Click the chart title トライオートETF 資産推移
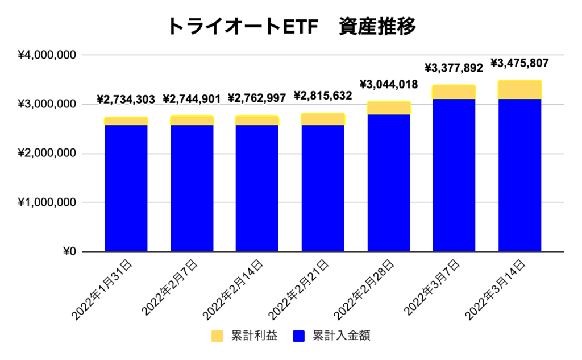pos(291,26)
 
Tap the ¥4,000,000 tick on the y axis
pos(47,55)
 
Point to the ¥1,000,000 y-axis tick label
pos(47,202)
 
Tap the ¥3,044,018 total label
pos(389,85)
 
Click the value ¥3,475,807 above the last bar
pos(519,63)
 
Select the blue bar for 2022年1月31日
pos(126,188)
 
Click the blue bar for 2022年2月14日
pos(257,188)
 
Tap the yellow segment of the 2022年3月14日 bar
pos(519,90)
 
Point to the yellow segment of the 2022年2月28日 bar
pos(389,108)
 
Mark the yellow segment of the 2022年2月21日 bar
pos(323,119)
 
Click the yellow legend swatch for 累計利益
pos(218,336)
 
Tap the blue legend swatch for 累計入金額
pos(300,336)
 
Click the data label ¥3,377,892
pos(454,68)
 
